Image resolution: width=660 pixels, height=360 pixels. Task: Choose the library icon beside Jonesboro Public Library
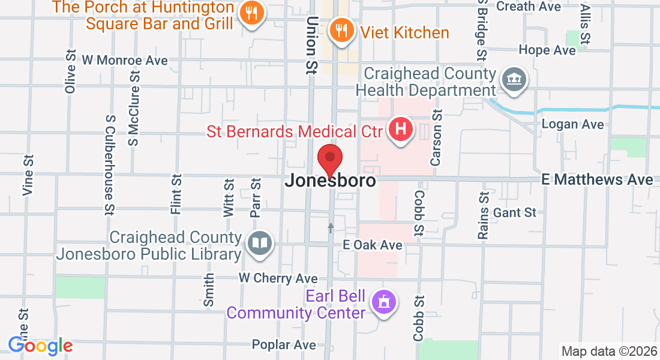260,243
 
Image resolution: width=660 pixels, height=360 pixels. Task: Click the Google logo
40,346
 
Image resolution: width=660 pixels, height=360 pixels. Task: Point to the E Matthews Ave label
596,180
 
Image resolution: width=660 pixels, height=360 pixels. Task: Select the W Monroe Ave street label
125,61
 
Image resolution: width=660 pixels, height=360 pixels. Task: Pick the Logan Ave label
572,124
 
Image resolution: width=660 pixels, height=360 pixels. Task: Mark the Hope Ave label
547,50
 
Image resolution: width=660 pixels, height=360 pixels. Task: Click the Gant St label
515,212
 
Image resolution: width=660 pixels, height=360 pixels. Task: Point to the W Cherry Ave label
278,278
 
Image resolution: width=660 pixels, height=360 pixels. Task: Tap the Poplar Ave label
284,344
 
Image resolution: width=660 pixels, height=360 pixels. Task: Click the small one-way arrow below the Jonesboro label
331,227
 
